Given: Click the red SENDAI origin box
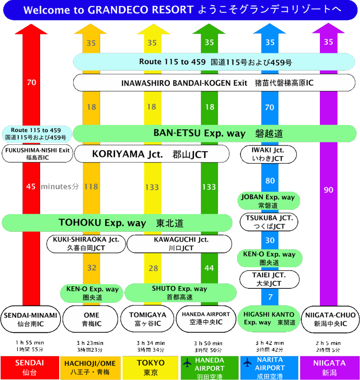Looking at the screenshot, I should pyautogui.click(x=30, y=367).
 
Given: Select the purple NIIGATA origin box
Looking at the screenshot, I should pyautogui.click(x=330, y=367).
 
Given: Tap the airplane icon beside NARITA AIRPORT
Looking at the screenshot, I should pyautogui.click(x=248, y=362).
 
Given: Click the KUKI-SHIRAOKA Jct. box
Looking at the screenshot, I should pyautogui.click(x=86, y=244).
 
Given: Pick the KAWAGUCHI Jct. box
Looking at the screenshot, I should pyautogui.click(x=180, y=244).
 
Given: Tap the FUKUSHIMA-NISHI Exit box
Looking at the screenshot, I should pyautogui.click(x=37, y=154).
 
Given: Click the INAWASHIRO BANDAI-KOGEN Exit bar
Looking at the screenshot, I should pyautogui.click(x=214, y=83).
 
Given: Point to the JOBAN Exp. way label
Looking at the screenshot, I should pyautogui.click(x=268, y=201).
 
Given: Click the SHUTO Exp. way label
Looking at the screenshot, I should pyautogui.click(x=180, y=293).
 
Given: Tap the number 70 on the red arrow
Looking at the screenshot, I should pyautogui.click(x=31, y=83).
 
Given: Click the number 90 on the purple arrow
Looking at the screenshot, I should pyautogui.click(x=328, y=190).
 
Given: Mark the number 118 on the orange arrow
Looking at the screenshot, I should pyautogui.click(x=91, y=187).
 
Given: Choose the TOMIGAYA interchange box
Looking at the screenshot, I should pyautogui.click(x=148, y=319).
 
